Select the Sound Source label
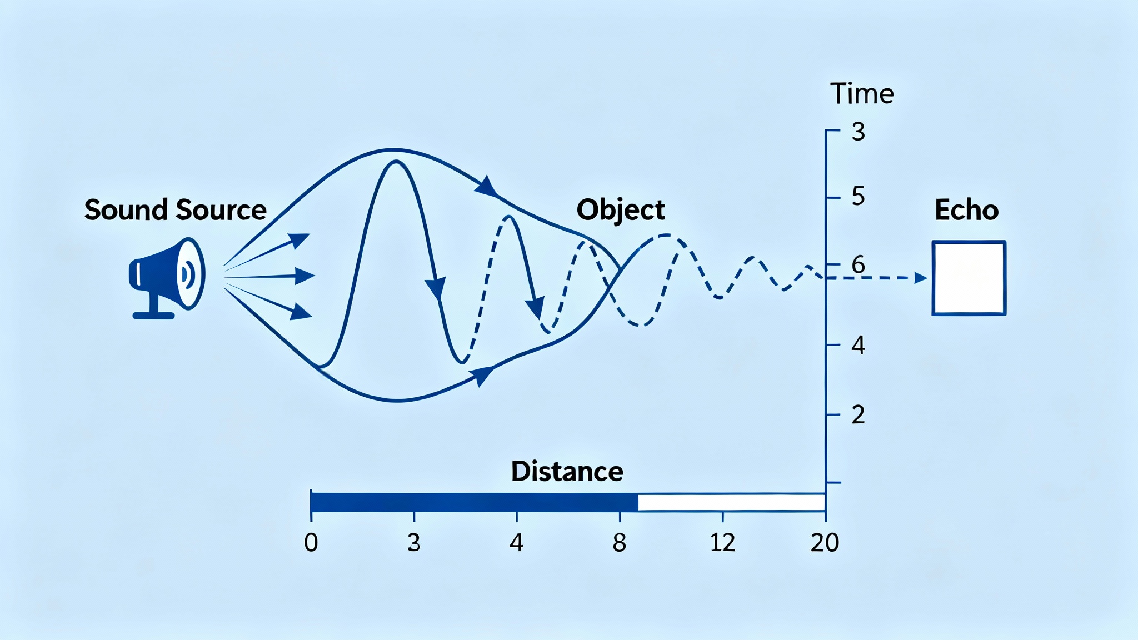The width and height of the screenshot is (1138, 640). click(176, 210)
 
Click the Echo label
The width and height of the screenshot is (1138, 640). click(967, 210)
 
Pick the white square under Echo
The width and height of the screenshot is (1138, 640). click(969, 278)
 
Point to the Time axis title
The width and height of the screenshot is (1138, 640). click(862, 93)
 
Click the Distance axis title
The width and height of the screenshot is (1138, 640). click(567, 471)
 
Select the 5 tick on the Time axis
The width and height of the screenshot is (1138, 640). click(859, 196)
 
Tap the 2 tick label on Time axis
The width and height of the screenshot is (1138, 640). click(859, 415)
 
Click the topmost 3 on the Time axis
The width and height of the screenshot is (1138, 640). click(859, 132)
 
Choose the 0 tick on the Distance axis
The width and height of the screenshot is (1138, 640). click(311, 542)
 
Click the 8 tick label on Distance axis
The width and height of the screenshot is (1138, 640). click(620, 542)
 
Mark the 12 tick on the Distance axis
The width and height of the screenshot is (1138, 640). click(722, 542)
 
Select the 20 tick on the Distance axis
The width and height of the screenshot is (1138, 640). click(825, 542)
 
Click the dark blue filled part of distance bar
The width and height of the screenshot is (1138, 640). click(475, 502)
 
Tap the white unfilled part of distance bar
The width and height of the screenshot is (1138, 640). click(732, 502)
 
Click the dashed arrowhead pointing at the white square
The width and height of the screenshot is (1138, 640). click(921, 278)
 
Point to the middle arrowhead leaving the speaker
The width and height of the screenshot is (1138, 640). click(305, 276)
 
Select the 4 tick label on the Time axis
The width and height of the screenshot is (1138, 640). click(859, 346)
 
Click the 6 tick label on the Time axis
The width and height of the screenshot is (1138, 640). click(859, 264)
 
